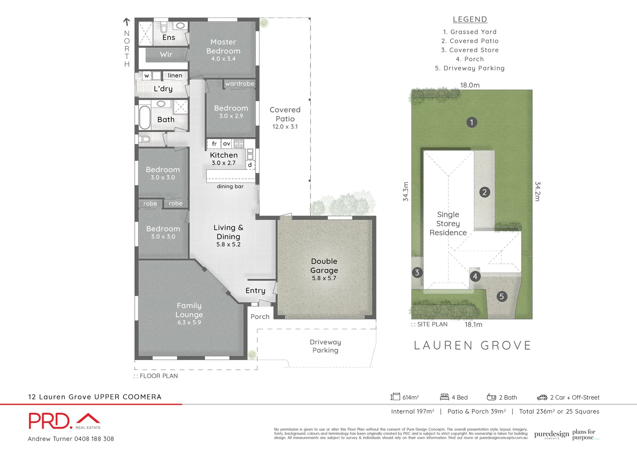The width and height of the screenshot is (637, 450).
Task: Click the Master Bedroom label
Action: tap(223, 46)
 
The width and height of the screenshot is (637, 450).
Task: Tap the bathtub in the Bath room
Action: tap(145, 117)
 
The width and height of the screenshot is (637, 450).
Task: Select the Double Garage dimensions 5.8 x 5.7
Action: tap(324, 278)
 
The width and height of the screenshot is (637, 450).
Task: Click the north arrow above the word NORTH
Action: tap(127, 22)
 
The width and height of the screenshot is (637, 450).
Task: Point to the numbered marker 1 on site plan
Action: tap(471, 122)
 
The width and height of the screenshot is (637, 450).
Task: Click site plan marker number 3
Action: tap(417, 272)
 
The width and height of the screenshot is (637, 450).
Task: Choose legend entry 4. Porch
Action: tap(470, 59)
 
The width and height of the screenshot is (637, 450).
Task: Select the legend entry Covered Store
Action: tap(470, 50)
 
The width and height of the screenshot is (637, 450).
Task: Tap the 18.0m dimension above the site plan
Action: tap(470, 85)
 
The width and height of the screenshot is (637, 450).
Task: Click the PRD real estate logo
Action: tap(65, 421)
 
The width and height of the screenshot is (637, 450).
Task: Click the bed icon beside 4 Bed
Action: tap(444, 397)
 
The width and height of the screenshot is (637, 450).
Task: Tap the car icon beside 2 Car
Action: tap(542, 397)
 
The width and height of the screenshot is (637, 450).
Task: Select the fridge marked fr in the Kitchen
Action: tap(214, 144)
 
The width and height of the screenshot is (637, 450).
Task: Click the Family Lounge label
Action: tap(189, 310)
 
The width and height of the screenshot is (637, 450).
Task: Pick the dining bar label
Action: tap(230, 186)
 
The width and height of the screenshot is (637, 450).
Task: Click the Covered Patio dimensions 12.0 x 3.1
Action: tap(285, 127)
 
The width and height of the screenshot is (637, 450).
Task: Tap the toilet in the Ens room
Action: tap(164, 28)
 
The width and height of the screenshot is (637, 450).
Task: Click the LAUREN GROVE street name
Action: tap(473, 345)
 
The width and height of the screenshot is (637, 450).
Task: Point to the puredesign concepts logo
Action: tap(552, 435)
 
